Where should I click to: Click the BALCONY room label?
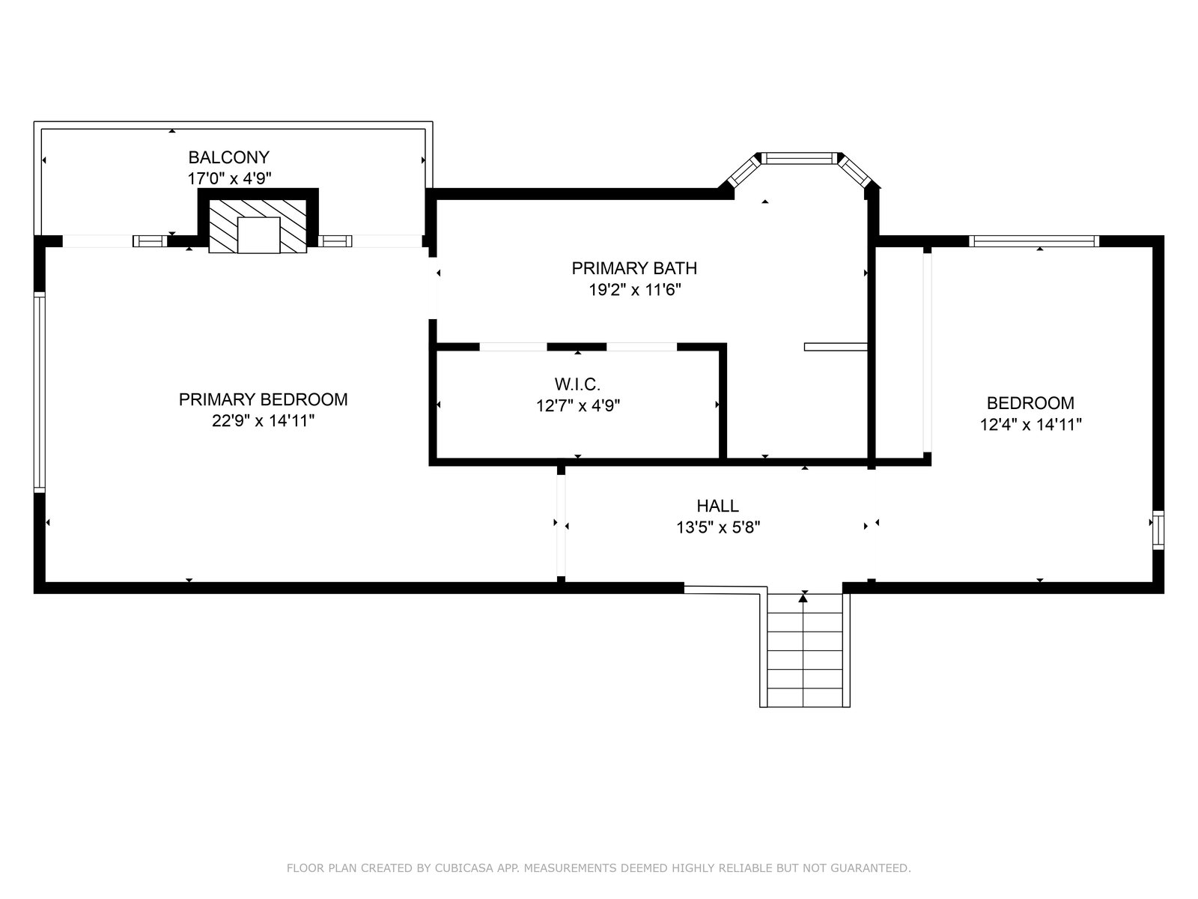[x=228, y=157]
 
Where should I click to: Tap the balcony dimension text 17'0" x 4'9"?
[x=229, y=178]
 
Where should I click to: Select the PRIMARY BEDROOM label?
[x=263, y=399]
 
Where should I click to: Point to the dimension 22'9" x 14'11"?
[x=263, y=421]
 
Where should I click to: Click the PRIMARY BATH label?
[x=634, y=268]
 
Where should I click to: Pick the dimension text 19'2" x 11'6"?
[x=635, y=289]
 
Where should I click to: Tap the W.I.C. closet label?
[x=577, y=384]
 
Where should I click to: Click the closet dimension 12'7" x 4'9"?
[x=578, y=405]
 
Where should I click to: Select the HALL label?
[x=718, y=506]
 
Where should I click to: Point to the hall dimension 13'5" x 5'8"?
[x=718, y=527]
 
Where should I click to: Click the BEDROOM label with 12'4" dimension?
[x=1030, y=403]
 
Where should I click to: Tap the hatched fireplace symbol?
[x=258, y=226]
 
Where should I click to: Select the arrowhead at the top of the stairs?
[x=803, y=598]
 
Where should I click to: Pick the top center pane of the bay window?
[x=799, y=158]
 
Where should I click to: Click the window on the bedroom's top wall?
[x=1034, y=241]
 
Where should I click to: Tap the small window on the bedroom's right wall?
[x=1158, y=530]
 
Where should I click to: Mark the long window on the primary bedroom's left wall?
[x=39, y=393]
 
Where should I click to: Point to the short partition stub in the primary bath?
[x=836, y=347]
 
